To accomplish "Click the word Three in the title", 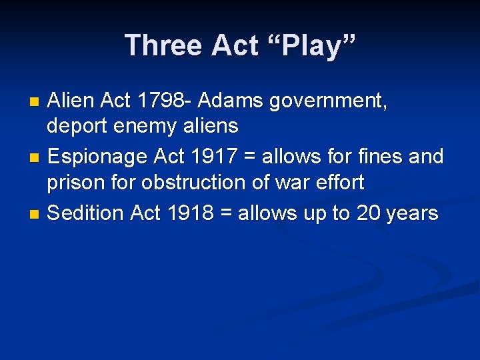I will pyautogui.click(x=163, y=45).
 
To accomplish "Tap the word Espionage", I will pyautogui.click(x=99, y=157).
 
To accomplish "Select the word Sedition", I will pyautogui.click(x=87, y=213).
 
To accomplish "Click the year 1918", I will pyautogui.click(x=191, y=213).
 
